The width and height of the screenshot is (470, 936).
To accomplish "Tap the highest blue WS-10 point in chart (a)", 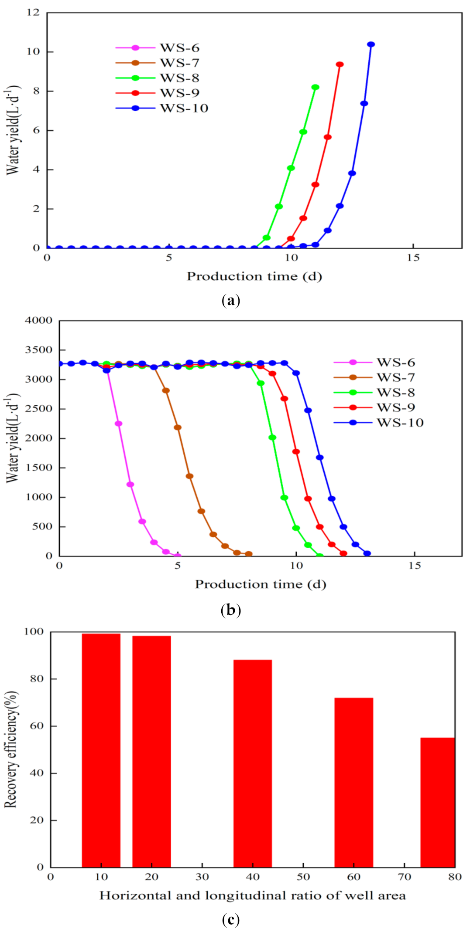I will [371, 44].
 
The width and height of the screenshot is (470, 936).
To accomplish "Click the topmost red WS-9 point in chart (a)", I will [340, 64].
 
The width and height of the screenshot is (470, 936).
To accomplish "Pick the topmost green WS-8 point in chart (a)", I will [316, 87].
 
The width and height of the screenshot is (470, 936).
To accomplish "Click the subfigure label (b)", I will [231, 610].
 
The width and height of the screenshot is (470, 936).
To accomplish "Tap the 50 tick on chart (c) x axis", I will [303, 877].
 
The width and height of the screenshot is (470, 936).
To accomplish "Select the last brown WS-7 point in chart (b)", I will [249, 554].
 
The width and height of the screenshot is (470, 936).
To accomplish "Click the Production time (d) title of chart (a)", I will [254, 276].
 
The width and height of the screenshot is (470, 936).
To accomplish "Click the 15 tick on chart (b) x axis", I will [415, 566].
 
